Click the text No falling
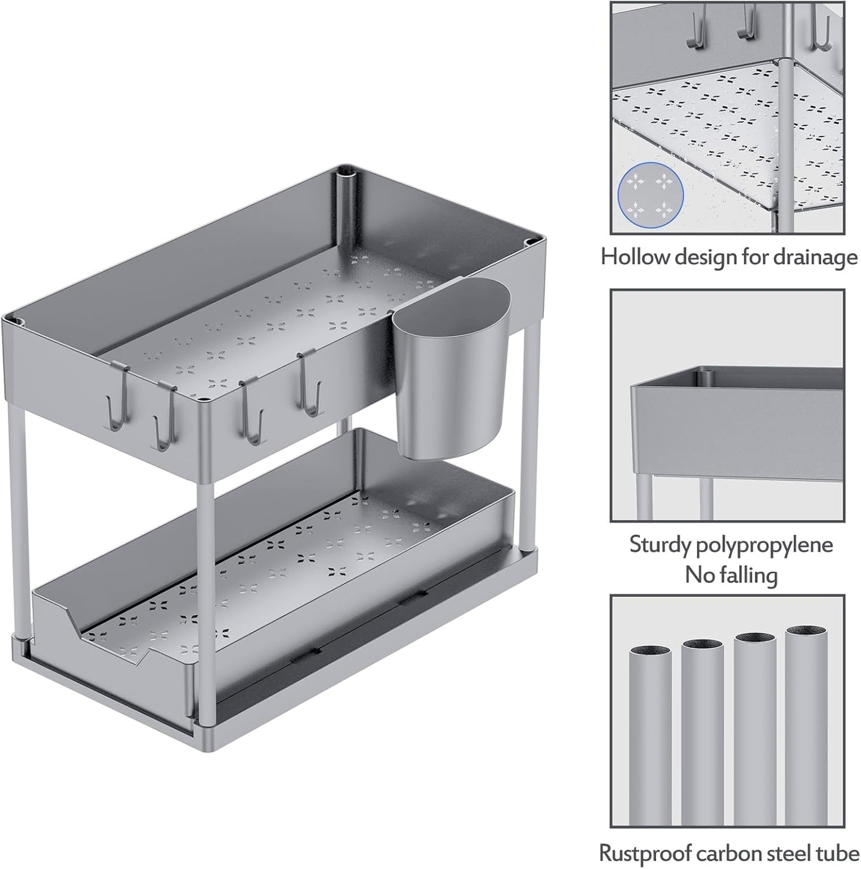(731, 575)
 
